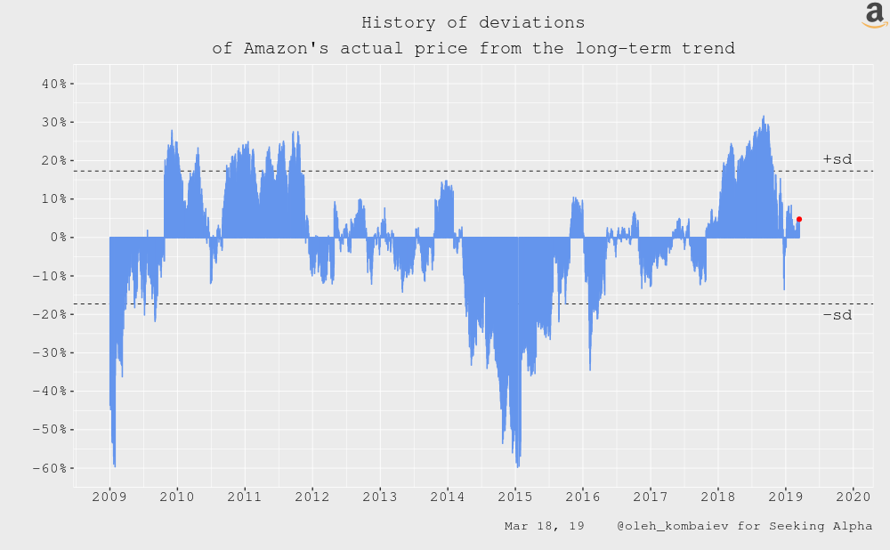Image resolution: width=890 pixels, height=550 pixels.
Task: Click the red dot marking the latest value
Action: point(799,219)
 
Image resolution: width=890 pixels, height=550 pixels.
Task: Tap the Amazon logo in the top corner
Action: point(875,15)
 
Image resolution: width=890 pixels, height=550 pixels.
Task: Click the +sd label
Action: point(837,159)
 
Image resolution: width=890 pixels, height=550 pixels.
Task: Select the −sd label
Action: point(837,315)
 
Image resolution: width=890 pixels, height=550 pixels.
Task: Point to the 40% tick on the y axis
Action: point(55,84)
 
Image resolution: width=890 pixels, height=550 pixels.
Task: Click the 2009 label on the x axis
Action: point(109,495)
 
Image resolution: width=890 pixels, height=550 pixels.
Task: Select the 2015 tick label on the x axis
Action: point(515,495)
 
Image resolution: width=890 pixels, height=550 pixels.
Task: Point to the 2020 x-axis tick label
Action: point(854,495)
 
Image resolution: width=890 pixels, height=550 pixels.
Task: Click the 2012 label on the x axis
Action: point(312,495)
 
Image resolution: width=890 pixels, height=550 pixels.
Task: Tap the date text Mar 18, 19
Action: point(544,526)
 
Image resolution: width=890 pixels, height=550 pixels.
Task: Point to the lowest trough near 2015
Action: point(517,465)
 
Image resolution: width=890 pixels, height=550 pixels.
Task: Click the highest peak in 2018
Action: point(764,117)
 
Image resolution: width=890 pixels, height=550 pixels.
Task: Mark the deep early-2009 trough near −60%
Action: point(115,465)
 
